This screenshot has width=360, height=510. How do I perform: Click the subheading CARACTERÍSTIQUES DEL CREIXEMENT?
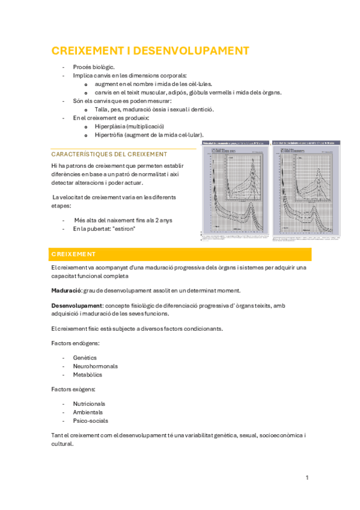[109, 154]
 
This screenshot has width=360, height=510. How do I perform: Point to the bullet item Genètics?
[85, 357]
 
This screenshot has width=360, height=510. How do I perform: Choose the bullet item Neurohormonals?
[95, 366]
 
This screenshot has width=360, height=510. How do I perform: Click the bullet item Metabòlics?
[88, 375]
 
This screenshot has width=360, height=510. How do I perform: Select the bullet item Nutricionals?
[89, 404]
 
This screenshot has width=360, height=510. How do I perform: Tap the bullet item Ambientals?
[88, 412]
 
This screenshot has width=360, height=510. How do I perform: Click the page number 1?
[307, 478]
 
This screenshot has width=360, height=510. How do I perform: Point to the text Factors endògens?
[76, 343]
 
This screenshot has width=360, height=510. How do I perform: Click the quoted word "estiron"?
[123, 229]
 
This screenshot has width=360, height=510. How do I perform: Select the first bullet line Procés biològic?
[94, 67]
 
